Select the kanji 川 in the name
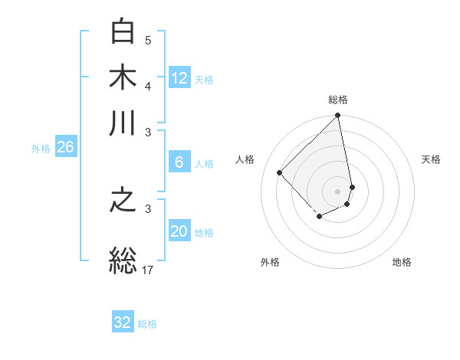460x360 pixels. [x=123, y=123]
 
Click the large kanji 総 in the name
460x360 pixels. [x=123, y=259]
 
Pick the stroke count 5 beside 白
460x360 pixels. [x=148, y=41]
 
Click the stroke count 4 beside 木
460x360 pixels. [x=148, y=86]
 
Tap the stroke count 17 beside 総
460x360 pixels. [x=149, y=269]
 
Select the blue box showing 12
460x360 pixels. [x=179, y=78]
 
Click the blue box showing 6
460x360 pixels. [x=179, y=162]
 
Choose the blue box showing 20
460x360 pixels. [x=179, y=232]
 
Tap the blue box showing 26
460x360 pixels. [x=65, y=148]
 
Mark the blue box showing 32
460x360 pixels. [x=123, y=322]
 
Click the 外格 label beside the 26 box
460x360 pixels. [x=41, y=149]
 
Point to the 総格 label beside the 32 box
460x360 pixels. [x=147, y=324]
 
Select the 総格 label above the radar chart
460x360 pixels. [x=338, y=100]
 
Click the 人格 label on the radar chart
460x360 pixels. [x=245, y=159]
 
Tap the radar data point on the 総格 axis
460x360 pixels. [x=337, y=116]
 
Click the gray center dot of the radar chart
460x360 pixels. [x=337, y=191]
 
